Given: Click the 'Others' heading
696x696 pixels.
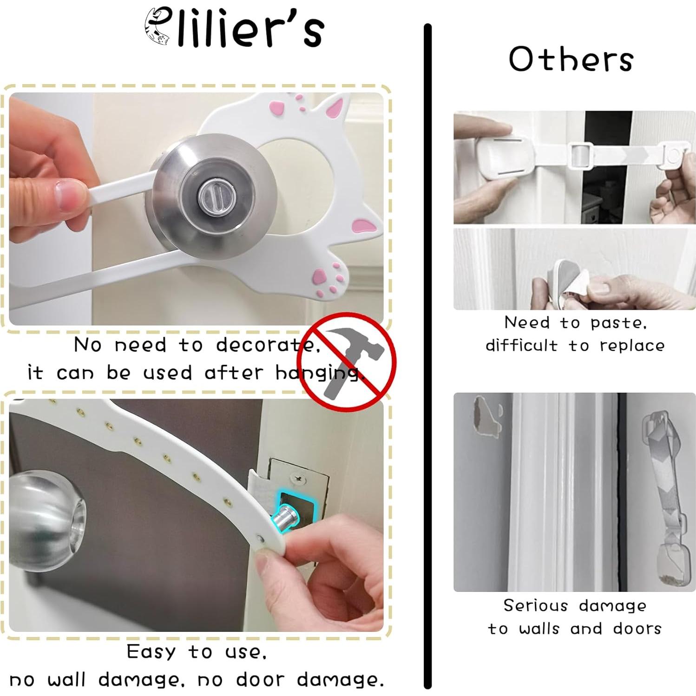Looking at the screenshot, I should click(x=571, y=59).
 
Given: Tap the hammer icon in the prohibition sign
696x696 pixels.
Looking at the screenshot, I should click(x=346, y=358).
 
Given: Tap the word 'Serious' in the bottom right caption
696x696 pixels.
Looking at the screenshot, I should click(x=535, y=605).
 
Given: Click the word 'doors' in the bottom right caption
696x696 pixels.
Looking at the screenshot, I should click(x=637, y=629).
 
